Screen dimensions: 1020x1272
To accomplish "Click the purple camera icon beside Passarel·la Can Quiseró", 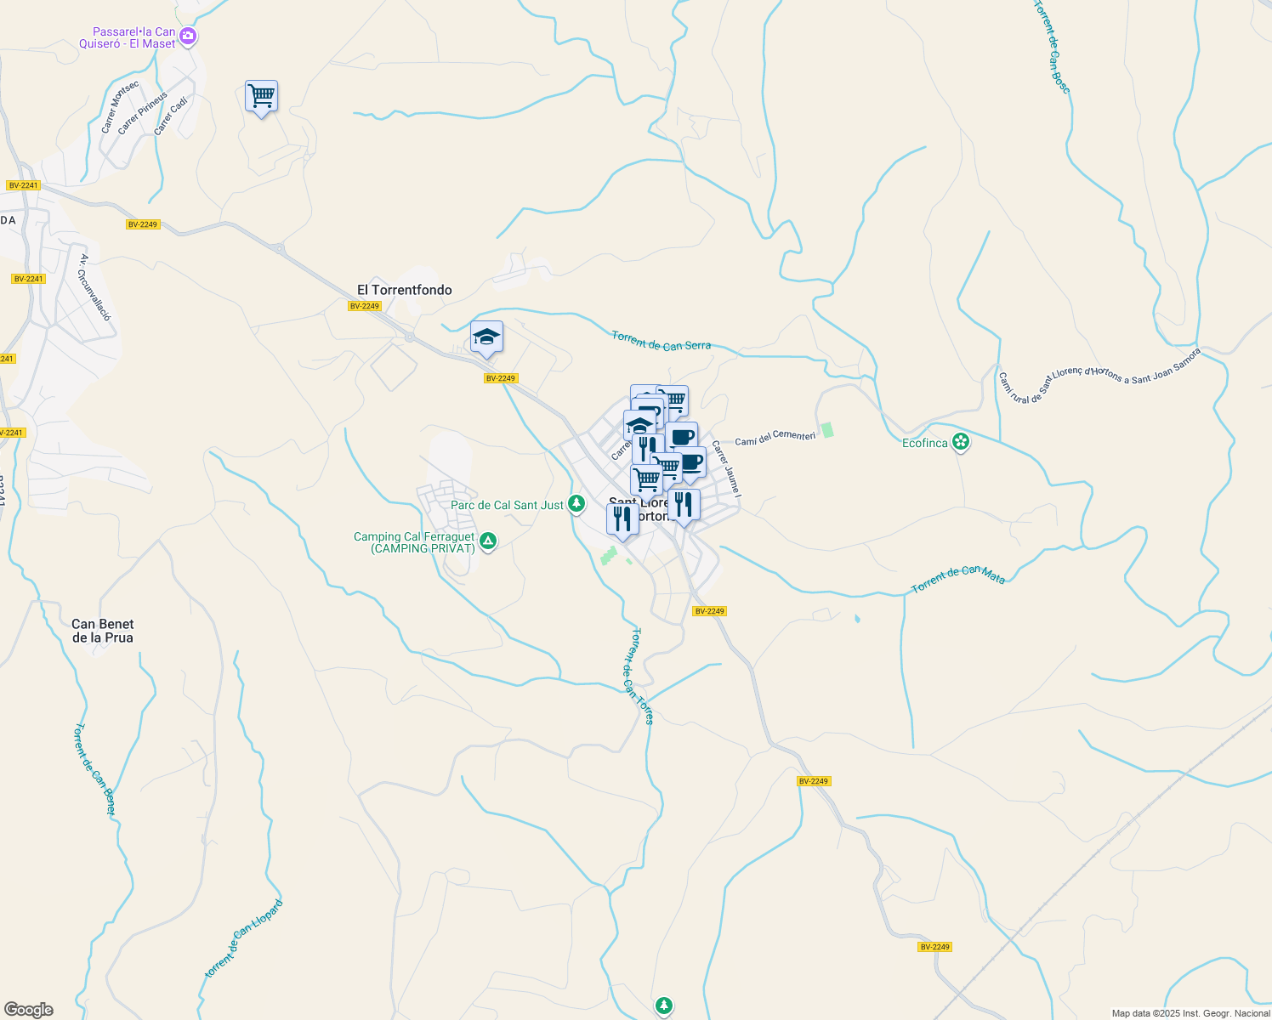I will (189, 37).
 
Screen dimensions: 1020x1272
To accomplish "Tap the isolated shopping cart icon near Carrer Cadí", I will (261, 96).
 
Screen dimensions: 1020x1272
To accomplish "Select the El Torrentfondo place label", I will (405, 290).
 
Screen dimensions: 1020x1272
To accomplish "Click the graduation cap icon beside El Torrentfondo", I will (486, 337).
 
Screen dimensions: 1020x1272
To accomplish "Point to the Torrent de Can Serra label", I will (662, 341).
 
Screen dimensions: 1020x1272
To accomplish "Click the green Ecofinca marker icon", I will (961, 442).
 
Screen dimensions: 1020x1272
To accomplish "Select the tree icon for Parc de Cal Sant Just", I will (576, 505).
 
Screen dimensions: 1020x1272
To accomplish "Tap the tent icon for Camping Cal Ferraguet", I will (488, 541).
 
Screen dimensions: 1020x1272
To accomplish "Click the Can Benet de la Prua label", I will (103, 631).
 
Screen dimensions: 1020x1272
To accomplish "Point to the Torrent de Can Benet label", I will (95, 768).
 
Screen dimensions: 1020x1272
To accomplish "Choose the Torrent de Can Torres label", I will (642, 676).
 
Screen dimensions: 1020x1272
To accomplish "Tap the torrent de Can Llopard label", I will (243, 938).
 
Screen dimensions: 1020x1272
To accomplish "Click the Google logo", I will (29, 1010).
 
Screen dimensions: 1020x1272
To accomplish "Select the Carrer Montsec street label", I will (119, 107).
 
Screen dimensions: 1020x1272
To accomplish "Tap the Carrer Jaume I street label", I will (727, 468).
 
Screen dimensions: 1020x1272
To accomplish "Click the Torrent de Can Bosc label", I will (1052, 46).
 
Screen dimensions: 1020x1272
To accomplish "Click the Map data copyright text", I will (1190, 1013).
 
